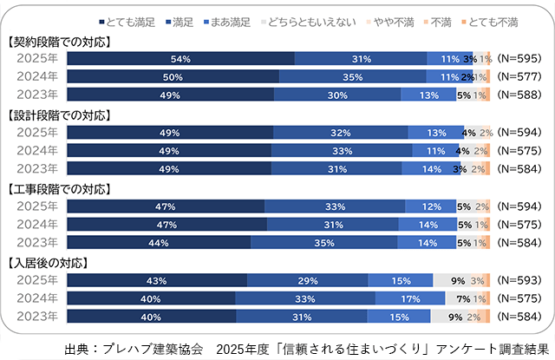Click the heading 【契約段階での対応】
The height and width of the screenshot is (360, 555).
(x=63, y=41)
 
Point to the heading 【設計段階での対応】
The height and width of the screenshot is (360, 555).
(x=63, y=114)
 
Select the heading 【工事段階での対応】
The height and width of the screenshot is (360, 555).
(x=63, y=187)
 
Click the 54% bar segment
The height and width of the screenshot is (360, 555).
(x=180, y=59)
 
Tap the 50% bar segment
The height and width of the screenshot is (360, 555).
(x=173, y=76)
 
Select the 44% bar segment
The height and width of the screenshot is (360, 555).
(x=159, y=242)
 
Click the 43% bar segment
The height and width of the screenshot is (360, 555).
(x=156, y=279)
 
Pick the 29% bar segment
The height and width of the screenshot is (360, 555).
(x=307, y=279)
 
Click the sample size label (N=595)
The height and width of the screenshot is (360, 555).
(x=521, y=59)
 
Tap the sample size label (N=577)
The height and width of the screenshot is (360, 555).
(x=521, y=76)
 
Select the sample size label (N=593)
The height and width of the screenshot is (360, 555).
(x=521, y=279)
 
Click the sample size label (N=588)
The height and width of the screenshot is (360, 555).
(x=521, y=95)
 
